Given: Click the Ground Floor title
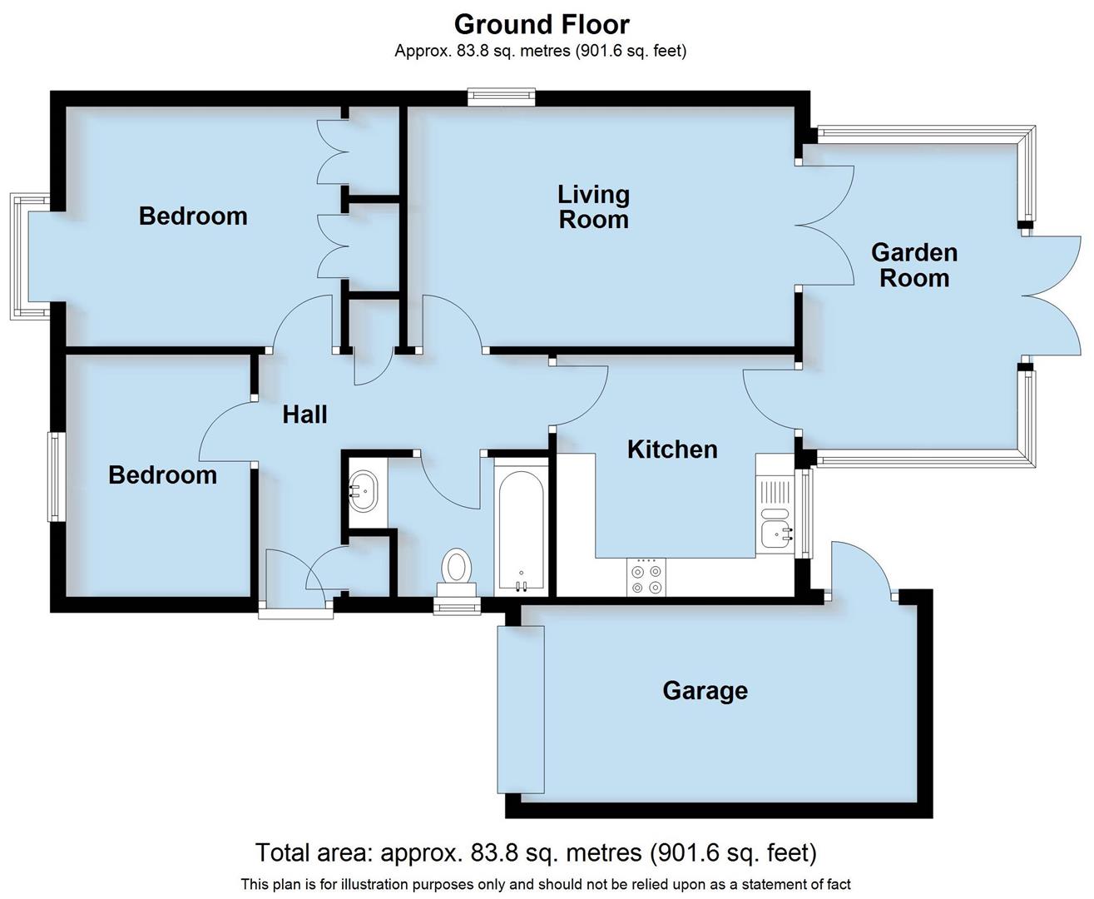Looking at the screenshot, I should click(542, 23).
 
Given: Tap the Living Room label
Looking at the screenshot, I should click(592, 207).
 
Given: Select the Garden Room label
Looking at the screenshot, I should click(913, 265).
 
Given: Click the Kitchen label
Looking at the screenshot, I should click(671, 449).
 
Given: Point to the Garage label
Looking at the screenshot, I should click(705, 691).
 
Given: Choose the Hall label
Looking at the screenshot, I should click(304, 415).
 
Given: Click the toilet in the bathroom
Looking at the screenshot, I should click(456, 569).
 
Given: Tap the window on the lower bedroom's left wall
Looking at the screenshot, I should click(55, 476).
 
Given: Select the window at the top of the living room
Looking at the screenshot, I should click(501, 98).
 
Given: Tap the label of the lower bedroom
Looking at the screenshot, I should click(162, 475).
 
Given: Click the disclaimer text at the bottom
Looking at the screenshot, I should click(545, 884).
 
